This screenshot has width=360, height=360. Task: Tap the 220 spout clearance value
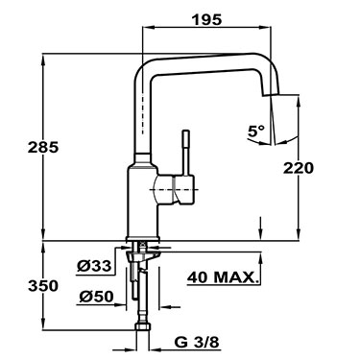click(x=298, y=165)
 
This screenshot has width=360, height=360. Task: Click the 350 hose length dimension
click(x=16, y=286)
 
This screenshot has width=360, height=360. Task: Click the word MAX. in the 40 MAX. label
click(x=238, y=278)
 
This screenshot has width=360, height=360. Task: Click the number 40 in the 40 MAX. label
click(x=200, y=278)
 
